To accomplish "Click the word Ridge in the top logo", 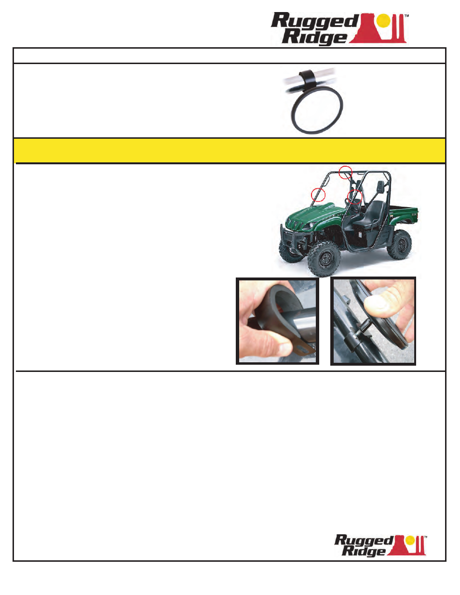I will point(314,37).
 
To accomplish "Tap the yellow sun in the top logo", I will point(383,21).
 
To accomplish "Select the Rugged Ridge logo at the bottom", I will point(380,545).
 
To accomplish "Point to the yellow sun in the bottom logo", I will point(410,540).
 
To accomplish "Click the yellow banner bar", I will point(230,151).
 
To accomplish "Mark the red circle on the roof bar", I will point(345,172).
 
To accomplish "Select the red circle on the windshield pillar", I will point(318,195).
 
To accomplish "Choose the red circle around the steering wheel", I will point(355,197).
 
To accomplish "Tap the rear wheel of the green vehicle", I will point(400,245).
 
